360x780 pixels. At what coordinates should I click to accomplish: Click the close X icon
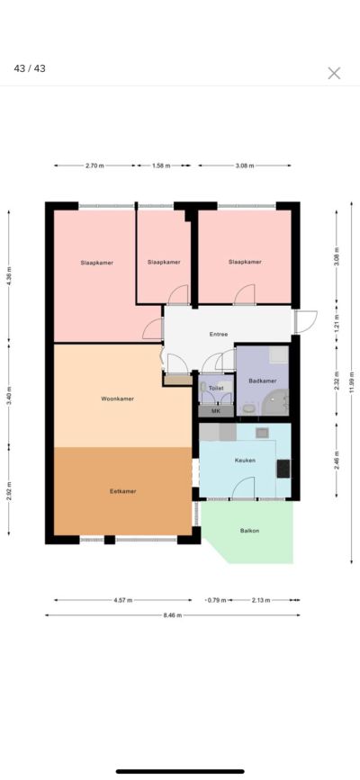click(334, 73)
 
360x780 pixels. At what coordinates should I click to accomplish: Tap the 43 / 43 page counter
click(30, 68)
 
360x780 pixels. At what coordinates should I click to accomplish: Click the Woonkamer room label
click(118, 399)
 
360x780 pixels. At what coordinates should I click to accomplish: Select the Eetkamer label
click(123, 491)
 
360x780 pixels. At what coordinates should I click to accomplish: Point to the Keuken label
click(245, 460)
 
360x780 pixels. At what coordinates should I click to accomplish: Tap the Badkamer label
click(263, 381)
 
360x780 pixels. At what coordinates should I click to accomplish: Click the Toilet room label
click(216, 388)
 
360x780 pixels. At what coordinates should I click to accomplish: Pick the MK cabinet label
click(216, 411)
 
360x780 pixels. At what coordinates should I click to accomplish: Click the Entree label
click(219, 335)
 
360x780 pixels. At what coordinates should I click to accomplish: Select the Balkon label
click(249, 530)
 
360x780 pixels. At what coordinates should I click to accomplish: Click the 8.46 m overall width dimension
click(172, 615)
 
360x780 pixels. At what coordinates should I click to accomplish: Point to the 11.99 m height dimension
click(352, 382)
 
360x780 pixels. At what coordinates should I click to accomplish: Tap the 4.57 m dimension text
click(123, 600)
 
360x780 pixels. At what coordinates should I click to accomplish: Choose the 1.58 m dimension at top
click(161, 166)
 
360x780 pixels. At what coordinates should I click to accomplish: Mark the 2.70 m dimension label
click(94, 166)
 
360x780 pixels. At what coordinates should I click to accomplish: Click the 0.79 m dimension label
click(217, 600)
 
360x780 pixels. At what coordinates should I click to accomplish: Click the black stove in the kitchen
click(283, 469)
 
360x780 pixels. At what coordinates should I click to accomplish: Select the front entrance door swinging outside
click(305, 321)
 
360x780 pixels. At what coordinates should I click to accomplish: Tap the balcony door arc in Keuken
click(244, 488)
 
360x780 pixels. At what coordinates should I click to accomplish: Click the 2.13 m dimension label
click(260, 600)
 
